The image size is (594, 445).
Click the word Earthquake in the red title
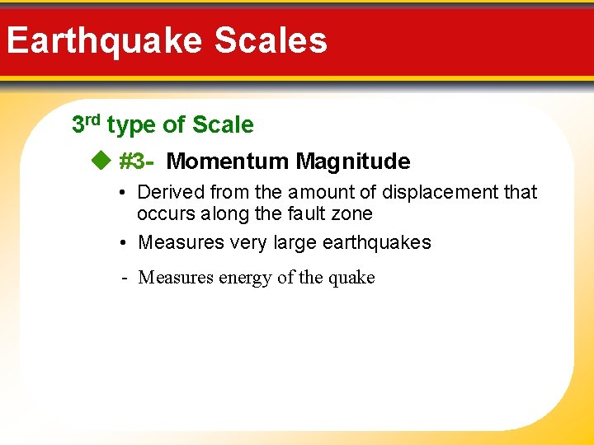point(103,40)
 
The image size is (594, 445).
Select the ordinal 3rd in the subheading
point(86,124)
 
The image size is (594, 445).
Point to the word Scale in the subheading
point(223,125)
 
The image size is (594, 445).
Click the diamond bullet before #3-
point(100,161)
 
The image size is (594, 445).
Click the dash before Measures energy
point(123,278)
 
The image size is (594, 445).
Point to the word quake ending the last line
point(351,278)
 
